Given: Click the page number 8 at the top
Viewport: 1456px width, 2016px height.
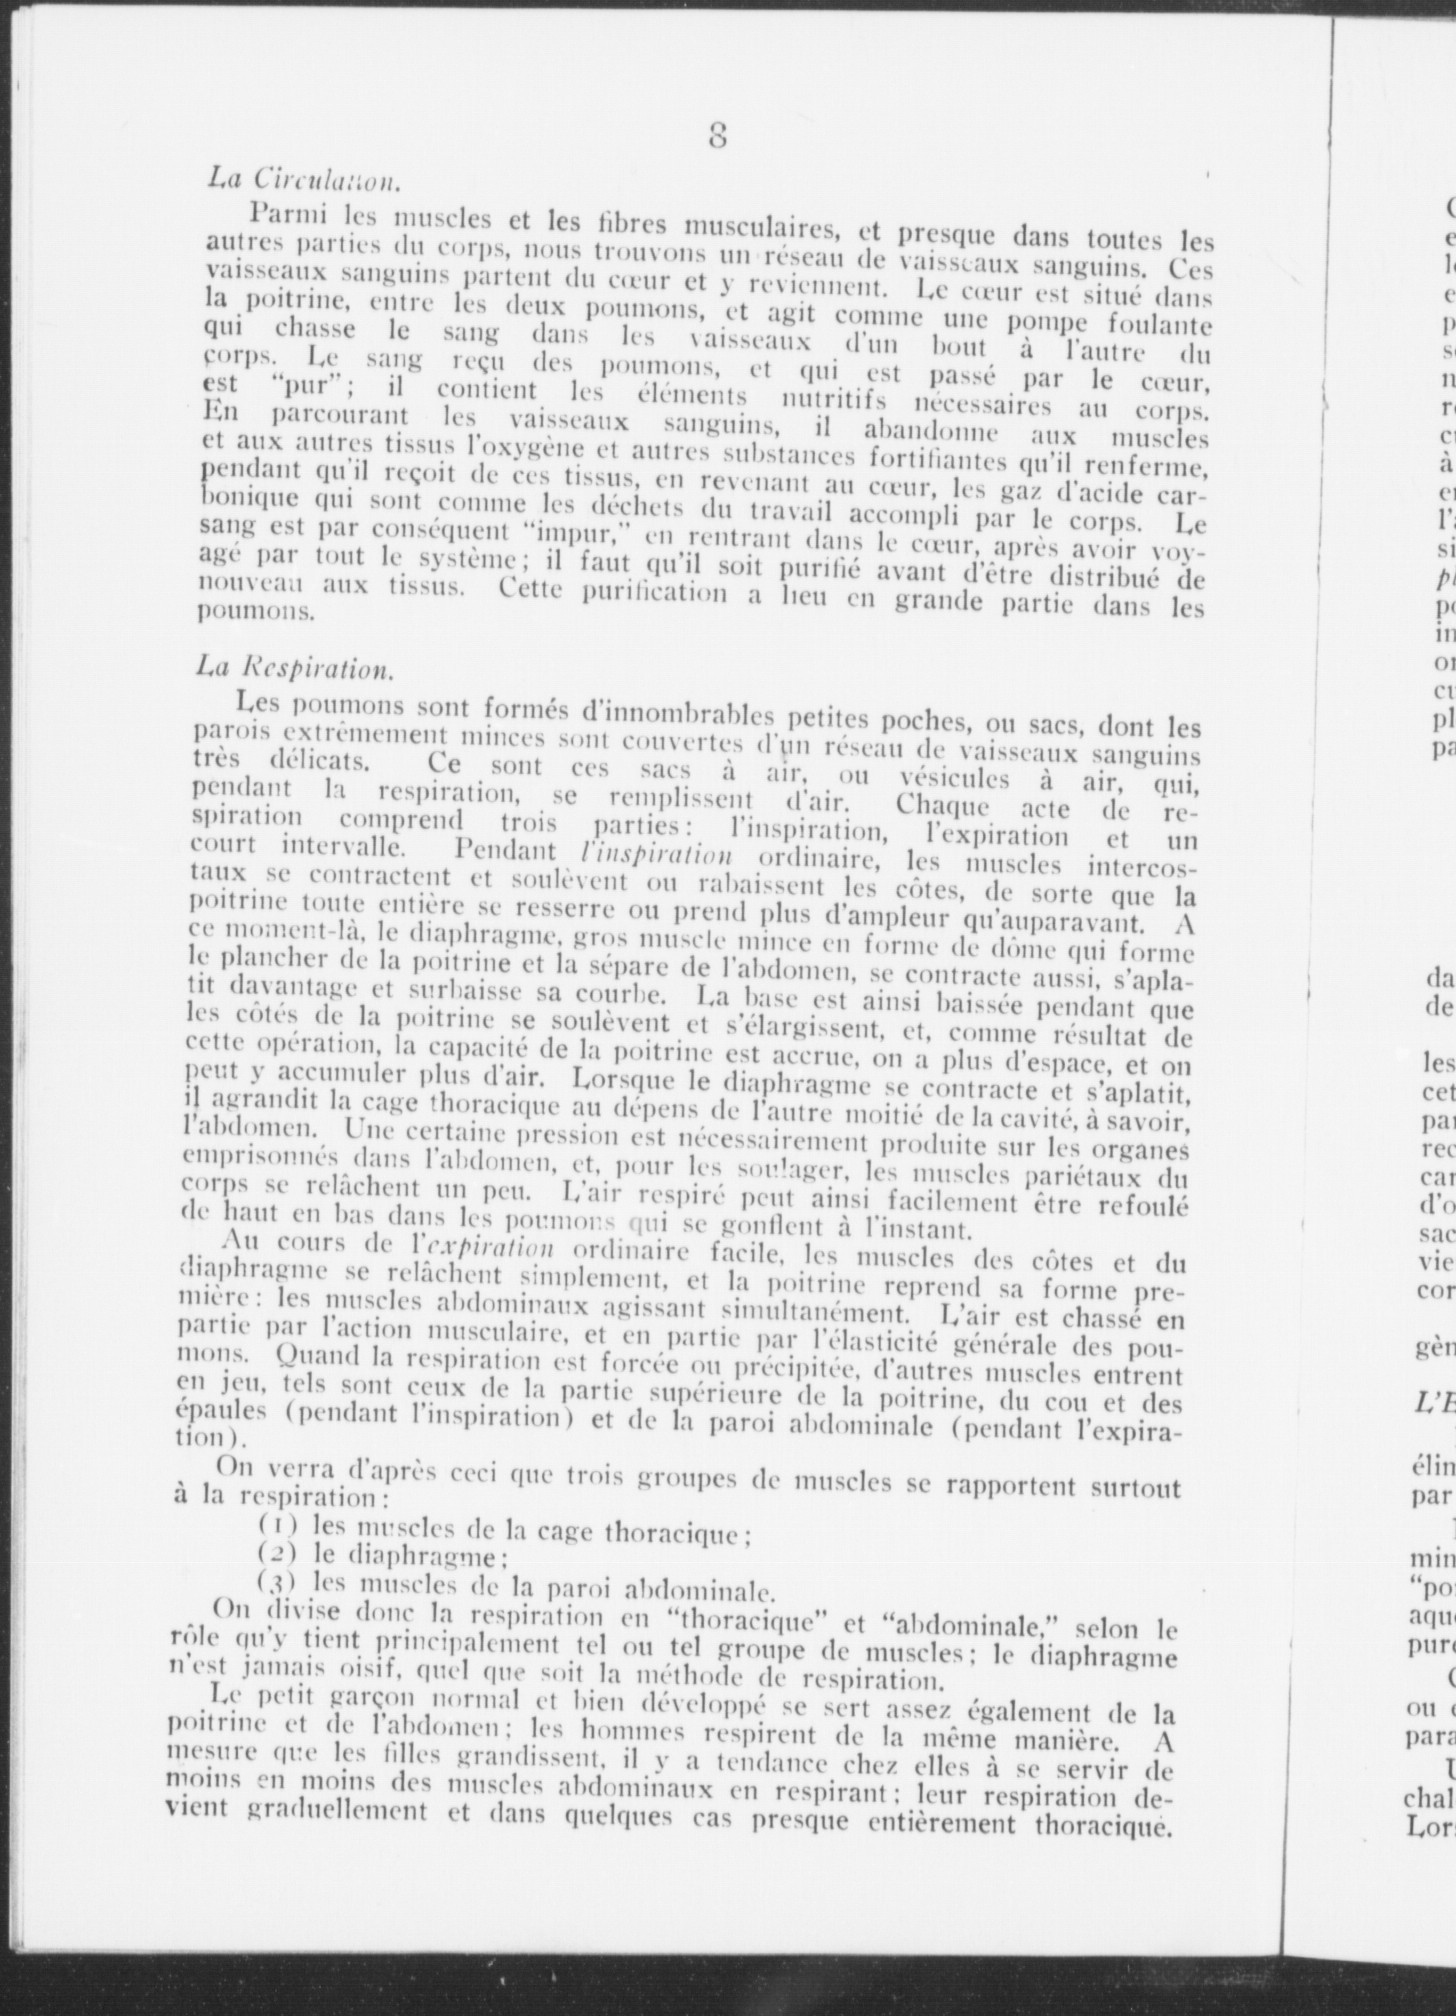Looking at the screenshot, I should pos(717,134).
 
